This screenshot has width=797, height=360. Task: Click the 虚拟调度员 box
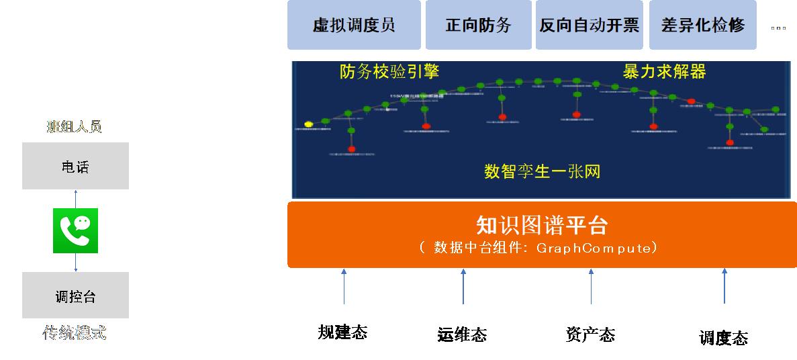point(354,25)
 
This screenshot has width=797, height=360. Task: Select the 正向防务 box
point(478,25)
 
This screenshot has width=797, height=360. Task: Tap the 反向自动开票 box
point(589,25)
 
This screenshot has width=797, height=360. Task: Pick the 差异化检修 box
point(702,25)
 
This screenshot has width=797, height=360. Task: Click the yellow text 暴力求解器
point(664,72)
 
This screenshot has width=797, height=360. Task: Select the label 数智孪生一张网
point(542,171)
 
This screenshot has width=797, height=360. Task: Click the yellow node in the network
point(309,124)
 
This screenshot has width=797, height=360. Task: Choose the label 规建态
point(342,332)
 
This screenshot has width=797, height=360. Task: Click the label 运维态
point(461,334)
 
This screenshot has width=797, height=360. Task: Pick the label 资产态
point(590,334)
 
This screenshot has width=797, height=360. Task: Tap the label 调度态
point(723,338)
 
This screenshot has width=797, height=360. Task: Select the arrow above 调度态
point(724,286)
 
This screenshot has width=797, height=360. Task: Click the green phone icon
point(75,230)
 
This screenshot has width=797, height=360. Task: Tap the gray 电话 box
point(75,166)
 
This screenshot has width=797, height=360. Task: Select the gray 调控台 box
point(75,296)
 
